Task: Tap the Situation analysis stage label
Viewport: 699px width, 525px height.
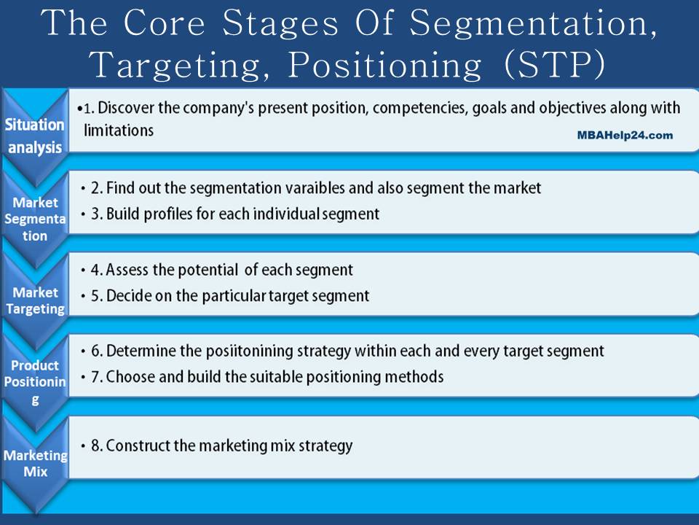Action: point(34,136)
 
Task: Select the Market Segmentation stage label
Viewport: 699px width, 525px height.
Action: point(34,219)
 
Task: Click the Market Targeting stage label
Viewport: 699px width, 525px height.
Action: point(35,300)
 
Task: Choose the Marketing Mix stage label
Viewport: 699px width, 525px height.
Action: point(35,463)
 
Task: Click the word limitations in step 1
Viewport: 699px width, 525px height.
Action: point(119,131)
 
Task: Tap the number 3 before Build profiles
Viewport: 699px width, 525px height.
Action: point(95,214)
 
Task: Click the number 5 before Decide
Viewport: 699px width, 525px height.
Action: point(95,296)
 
